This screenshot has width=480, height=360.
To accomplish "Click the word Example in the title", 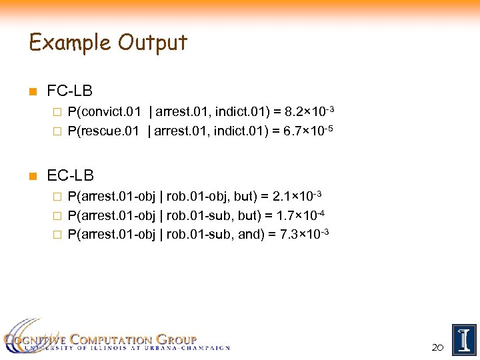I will point(71,43).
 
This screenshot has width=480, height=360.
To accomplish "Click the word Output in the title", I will point(153,43).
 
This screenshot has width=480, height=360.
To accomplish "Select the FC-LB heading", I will point(70,91).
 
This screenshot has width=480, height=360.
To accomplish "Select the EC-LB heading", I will point(71,176).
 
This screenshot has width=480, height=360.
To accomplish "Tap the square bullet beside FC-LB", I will point(33,91).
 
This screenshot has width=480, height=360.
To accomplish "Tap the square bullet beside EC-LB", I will point(33,177).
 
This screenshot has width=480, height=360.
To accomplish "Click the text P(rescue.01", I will point(104,130).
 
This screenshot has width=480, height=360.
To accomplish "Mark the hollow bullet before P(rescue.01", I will point(58,131).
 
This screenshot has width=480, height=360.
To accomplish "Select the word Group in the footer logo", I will point(175,339).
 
